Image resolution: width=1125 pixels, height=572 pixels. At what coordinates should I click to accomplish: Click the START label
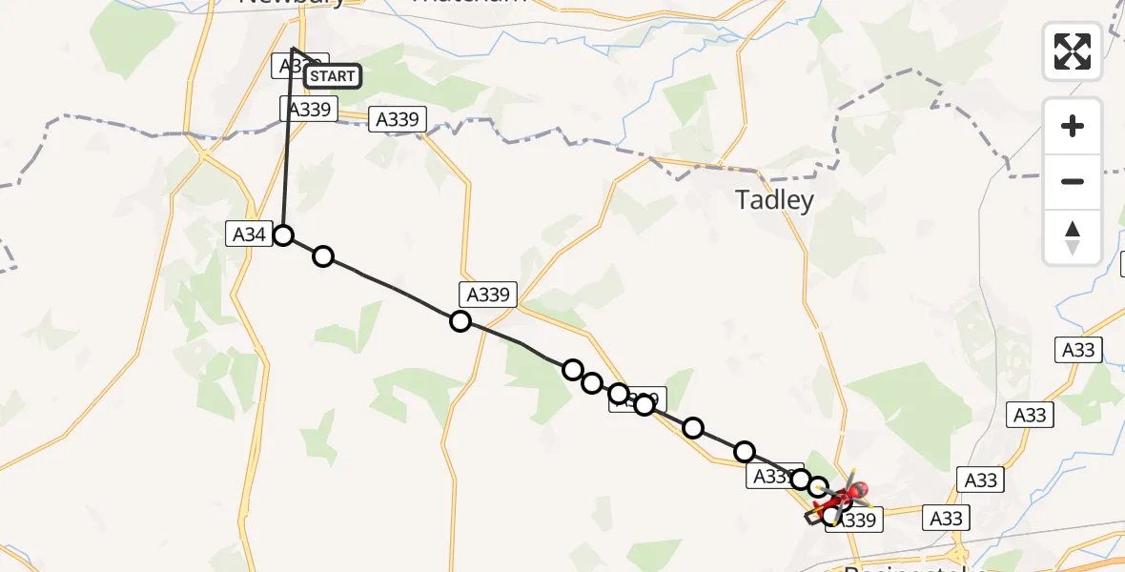pyautogui.click(x=333, y=76)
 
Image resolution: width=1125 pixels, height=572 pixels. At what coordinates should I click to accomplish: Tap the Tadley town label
pyautogui.click(x=774, y=200)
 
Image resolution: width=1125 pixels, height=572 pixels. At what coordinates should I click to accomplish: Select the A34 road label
pyautogui.click(x=248, y=234)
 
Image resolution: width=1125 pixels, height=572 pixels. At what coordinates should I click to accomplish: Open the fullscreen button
pyautogui.click(x=1073, y=51)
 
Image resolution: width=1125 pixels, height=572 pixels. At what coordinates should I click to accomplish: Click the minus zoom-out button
pyautogui.click(x=1073, y=181)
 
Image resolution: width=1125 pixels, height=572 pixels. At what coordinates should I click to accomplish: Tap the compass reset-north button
pyautogui.click(x=1073, y=237)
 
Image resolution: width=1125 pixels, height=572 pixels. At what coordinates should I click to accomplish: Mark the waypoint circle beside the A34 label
pyautogui.click(x=283, y=235)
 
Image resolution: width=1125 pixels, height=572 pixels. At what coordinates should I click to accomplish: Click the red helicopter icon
pyautogui.click(x=843, y=495)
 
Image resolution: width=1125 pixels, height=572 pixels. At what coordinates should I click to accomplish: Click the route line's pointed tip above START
pyautogui.click(x=293, y=48)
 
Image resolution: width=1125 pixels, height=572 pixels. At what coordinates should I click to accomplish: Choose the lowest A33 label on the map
pyautogui.click(x=946, y=518)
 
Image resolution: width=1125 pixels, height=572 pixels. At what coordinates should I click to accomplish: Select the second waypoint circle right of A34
pyautogui.click(x=460, y=321)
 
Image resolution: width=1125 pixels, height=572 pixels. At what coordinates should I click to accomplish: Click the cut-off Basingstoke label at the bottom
pyautogui.click(x=901, y=568)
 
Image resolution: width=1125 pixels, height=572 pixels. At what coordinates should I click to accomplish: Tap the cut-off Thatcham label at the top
pyautogui.click(x=467, y=3)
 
